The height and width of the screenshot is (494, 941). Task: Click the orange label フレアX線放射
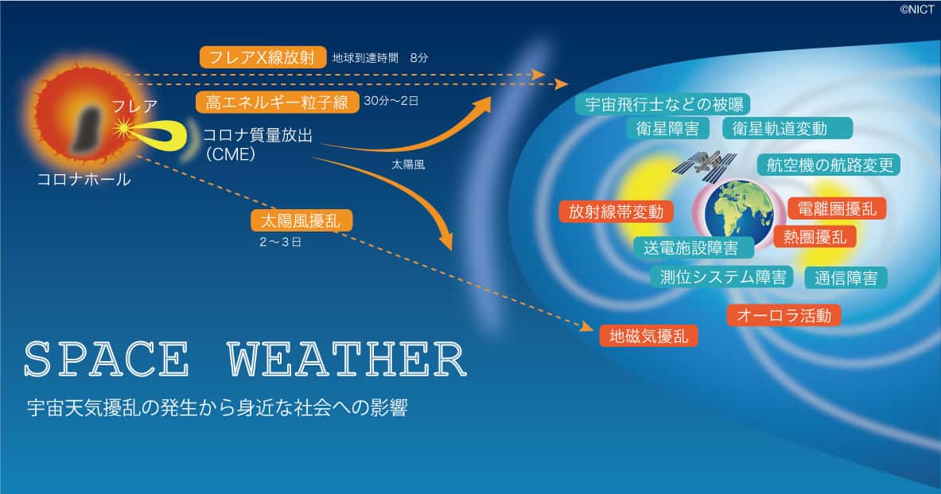pyautogui.click(x=262, y=57)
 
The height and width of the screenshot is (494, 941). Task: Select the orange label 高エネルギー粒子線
pyautogui.click(x=278, y=102)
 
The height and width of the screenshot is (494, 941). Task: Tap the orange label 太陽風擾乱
pyautogui.click(x=301, y=221)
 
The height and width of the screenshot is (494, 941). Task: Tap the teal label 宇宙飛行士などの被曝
pyautogui.click(x=664, y=104)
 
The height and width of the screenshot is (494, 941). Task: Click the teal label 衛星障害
pyautogui.click(x=668, y=128)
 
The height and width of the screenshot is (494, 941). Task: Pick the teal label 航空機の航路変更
pyautogui.click(x=830, y=165)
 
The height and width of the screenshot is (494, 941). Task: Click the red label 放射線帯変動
pyautogui.click(x=616, y=212)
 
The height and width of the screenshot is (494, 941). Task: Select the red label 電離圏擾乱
pyautogui.click(x=837, y=209)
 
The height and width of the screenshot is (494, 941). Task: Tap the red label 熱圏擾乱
pyautogui.click(x=815, y=236)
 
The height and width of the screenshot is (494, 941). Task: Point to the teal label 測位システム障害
pyautogui.click(x=722, y=277)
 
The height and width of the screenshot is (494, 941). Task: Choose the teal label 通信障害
pyautogui.click(x=846, y=278)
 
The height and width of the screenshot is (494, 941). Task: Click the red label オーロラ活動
pyautogui.click(x=784, y=315)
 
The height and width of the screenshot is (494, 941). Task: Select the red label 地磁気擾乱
pyautogui.click(x=649, y=336)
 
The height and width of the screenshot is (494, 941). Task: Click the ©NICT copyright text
pyautogui.click(x=916, y=9)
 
